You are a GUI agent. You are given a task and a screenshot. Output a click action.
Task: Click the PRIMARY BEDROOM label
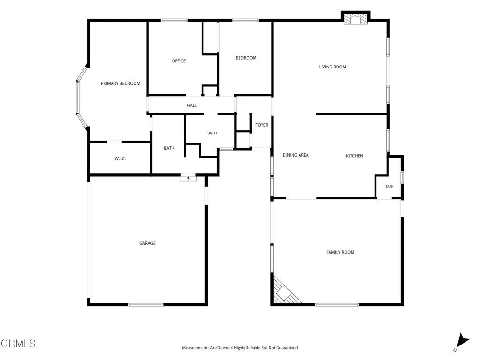[120, 83]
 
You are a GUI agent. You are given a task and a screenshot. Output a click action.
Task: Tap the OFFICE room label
[179, 61]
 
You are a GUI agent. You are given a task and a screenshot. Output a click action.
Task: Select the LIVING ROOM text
[332, 67]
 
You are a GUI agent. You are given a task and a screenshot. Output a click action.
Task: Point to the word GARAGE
[147, 243]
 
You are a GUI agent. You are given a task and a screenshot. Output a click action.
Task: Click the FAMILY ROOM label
[340, 252]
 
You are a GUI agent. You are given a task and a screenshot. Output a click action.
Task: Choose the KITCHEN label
[354, 156]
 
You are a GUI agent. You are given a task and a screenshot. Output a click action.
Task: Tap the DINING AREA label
[295, 155]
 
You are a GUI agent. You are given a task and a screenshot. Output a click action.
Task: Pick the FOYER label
[262, 125]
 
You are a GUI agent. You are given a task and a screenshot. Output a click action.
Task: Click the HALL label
[192, 105]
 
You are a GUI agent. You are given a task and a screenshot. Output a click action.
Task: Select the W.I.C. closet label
[120, 158]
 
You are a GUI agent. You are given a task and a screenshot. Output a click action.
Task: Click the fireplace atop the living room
[356, 18]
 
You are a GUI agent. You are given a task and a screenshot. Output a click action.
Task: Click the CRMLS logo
[18, 343]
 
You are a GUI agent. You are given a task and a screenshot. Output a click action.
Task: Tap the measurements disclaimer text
[240, 348]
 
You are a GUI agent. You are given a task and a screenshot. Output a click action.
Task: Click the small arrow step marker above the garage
[188, 178]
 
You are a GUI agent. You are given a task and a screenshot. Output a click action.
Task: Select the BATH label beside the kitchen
[390, 186]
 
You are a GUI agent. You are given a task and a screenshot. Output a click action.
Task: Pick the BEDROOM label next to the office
[246, 58]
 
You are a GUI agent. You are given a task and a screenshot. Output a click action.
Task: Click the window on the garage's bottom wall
[145, 304]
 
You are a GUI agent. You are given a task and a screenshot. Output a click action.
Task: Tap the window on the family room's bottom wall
[337, 304]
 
